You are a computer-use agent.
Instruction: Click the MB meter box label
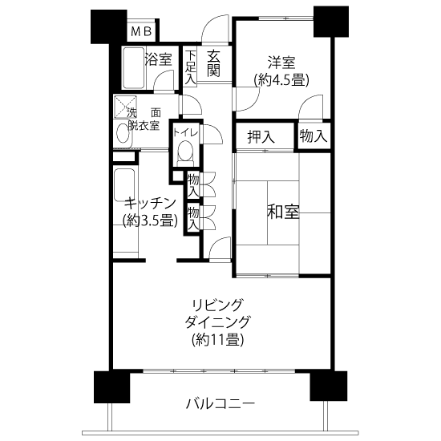(x=141, y=31)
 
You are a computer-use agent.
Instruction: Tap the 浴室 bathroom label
(x=158, y=60)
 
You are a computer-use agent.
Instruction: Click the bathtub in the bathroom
(x=134, y=68)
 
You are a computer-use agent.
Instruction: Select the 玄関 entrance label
(x=213, y=63)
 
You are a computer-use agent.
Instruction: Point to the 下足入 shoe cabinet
(x=190, y=66)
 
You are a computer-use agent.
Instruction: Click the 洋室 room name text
(x=281, y=63)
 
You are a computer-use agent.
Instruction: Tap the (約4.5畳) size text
(x=281, y=80)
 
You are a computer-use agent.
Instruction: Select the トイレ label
(x=186, y=132)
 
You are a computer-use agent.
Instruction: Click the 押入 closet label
(x=261, y=137)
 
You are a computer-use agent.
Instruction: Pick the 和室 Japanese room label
(x=283, y=212)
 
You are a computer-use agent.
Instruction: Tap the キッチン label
(x=150, y=204)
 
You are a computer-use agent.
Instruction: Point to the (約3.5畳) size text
(x=150, y=220)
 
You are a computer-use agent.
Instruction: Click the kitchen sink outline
(x=124, y=184)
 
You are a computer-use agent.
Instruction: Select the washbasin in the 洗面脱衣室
(x=123, y=133)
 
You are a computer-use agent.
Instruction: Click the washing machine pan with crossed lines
(x=125, y=107)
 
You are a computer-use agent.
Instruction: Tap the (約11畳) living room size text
(x=217, y=340)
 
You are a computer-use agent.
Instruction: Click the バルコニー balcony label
(x=220, y=404)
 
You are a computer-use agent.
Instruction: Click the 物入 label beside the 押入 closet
(x=314, y=136)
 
